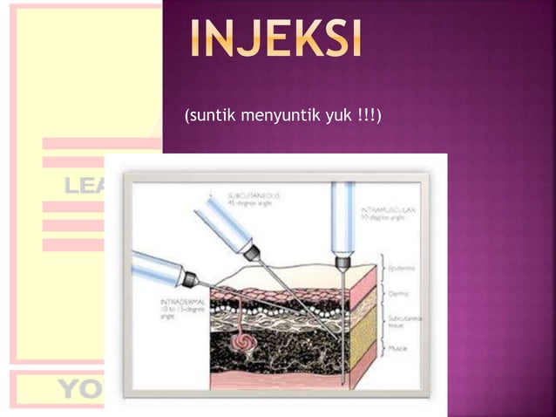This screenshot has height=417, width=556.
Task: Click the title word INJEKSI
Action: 277,38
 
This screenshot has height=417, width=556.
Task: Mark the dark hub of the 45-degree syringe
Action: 251,253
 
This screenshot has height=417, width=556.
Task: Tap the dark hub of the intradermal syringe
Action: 189,278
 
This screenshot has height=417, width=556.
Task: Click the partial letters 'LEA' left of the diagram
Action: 84,186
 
